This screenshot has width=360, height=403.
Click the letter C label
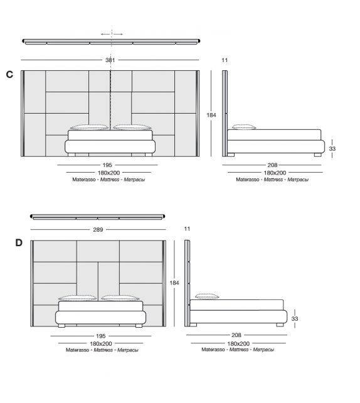(9, 75)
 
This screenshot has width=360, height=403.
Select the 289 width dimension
(98, 230)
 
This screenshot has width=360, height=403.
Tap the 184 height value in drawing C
(211, 114)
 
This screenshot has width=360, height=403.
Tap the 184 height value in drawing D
(174, 283)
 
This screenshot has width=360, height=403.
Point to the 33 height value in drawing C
(332, 149)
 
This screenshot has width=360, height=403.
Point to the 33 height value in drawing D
(295, 319)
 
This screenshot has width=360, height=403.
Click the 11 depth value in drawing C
(225, 60)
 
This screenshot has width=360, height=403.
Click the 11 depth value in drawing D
(187, 230)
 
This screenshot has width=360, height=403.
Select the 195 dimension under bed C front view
(107, 165)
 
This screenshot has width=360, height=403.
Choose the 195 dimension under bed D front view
(100, 336)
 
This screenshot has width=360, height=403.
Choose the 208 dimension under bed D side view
(236, 336)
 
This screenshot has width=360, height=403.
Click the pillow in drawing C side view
(241, 127)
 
